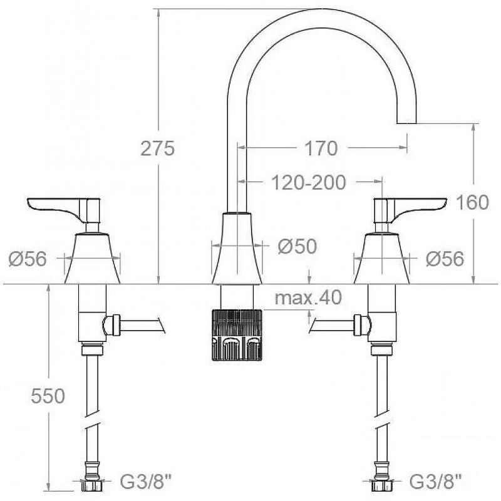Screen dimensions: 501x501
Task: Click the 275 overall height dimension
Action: (x=158, y=148)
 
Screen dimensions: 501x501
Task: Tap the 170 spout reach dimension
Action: (x=321, y=148)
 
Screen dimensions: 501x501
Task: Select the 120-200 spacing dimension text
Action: (x=308, y=182)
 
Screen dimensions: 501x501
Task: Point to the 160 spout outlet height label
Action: (x=472, y=202)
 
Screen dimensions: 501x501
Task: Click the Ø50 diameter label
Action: (x=297, y=246)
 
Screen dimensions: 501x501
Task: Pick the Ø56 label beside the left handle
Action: (x=28, y=259)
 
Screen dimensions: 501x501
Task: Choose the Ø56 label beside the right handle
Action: (x=445, y=259)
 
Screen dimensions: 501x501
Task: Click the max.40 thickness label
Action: (x=308, y=297)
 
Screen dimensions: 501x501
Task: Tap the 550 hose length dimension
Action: (x=48, y=396)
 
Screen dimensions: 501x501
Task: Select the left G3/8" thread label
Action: (x=146, y=481)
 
